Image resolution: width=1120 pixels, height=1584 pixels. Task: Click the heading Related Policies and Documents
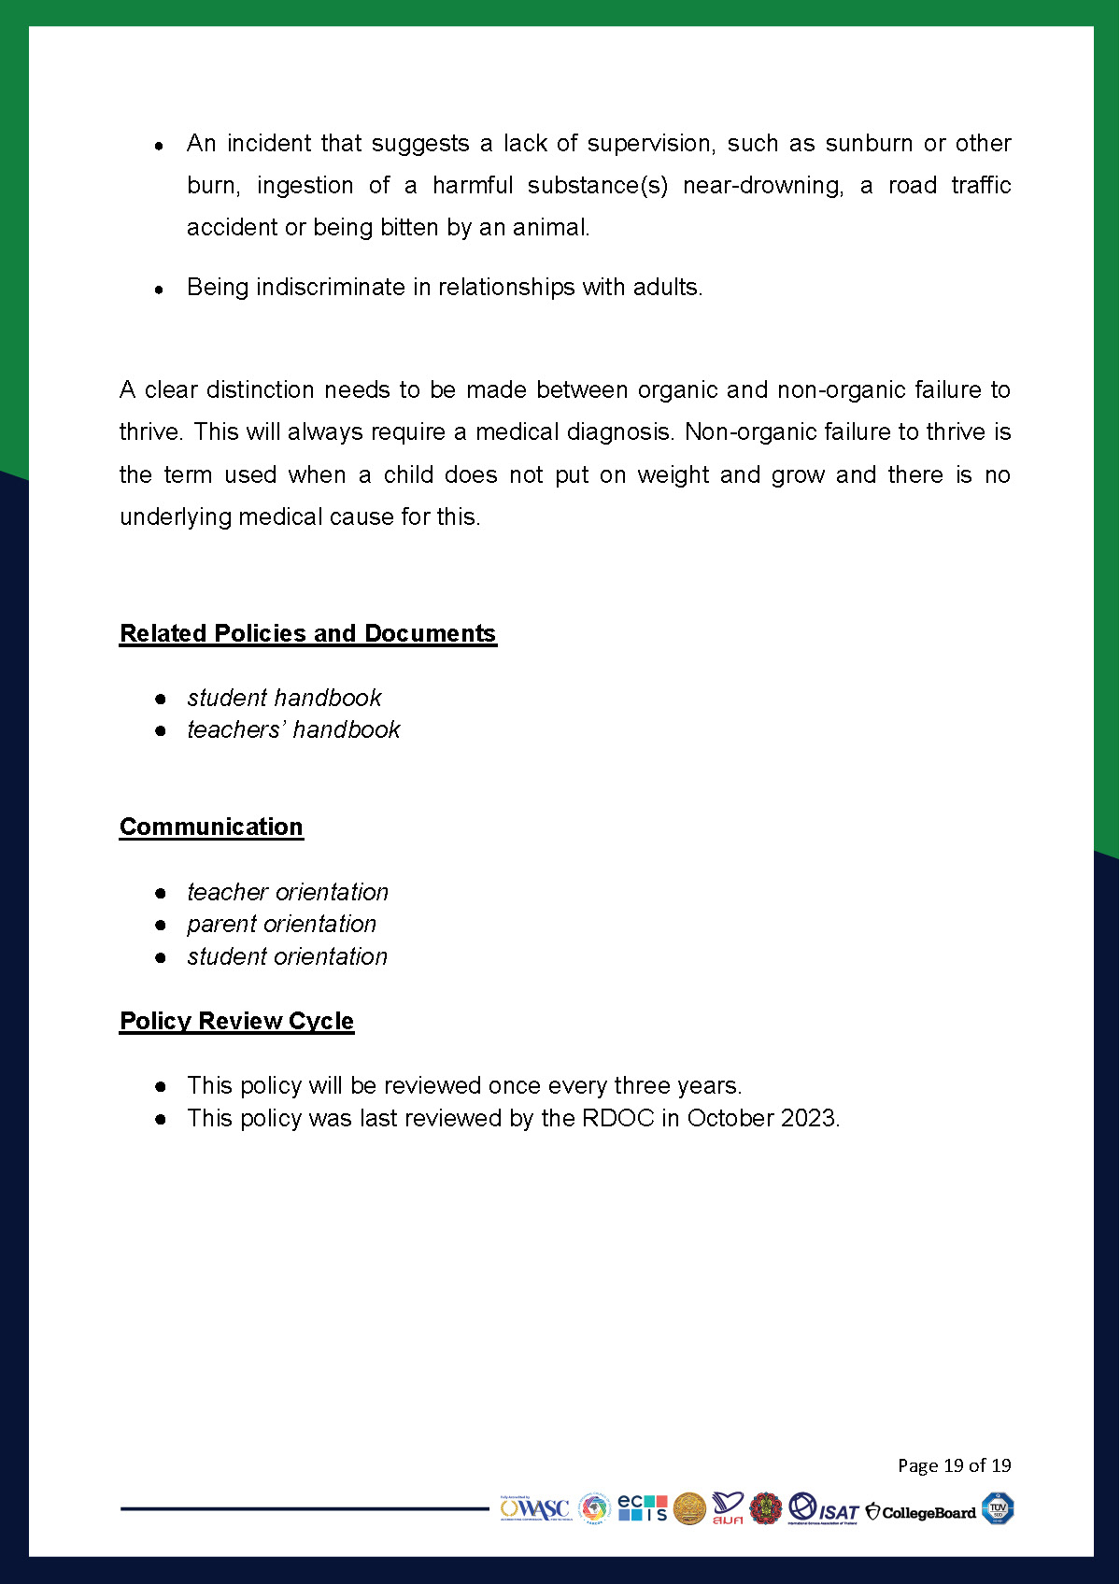pyautogui.click(x=307, y=633)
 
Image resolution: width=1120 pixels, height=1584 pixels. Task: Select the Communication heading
pyautogui.click(x=211, y=827)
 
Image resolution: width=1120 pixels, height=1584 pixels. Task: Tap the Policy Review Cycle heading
pyautogui.click(x=236, y=1021)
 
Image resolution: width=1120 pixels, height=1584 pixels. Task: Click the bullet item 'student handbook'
pyautogui.click(x=284, y=698)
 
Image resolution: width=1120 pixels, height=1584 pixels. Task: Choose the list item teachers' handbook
pyautogui.click(x=293, y=729)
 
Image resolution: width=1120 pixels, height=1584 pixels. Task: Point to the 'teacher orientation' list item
pyautogui.click(x=288, y=892)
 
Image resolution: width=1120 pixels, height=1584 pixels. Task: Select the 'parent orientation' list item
pyautogui.click(x=281, y=924)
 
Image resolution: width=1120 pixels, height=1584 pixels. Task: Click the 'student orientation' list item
pyautogui.click(x=287, y=956)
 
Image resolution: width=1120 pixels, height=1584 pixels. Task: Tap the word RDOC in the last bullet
pyautogui.click(x=617, y=1118)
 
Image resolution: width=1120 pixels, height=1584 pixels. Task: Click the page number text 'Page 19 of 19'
pyautogui.click(x=954, y=1464)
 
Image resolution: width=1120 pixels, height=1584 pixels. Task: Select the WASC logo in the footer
pyautogui.click(x=534, y=1508)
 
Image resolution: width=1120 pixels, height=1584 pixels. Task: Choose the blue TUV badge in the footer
pyautogui.click(x=998, y=1508)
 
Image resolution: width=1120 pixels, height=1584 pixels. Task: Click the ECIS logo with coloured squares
pyautogui.click(x=643, y=1508)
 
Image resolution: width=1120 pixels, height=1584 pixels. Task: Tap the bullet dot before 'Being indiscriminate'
pyautogui.click(x=160, y=290)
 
